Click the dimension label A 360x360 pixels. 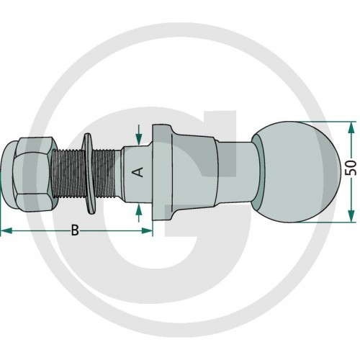pos(138,172)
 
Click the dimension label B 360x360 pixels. pos(75,230)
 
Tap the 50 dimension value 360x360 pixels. pos(351,168)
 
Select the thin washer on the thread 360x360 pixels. pos(89,174)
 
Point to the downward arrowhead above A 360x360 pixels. pos(139,139)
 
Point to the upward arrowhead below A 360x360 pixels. pos(138,211)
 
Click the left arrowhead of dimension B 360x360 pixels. pos(6,231)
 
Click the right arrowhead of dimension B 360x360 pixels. pos(147,231)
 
